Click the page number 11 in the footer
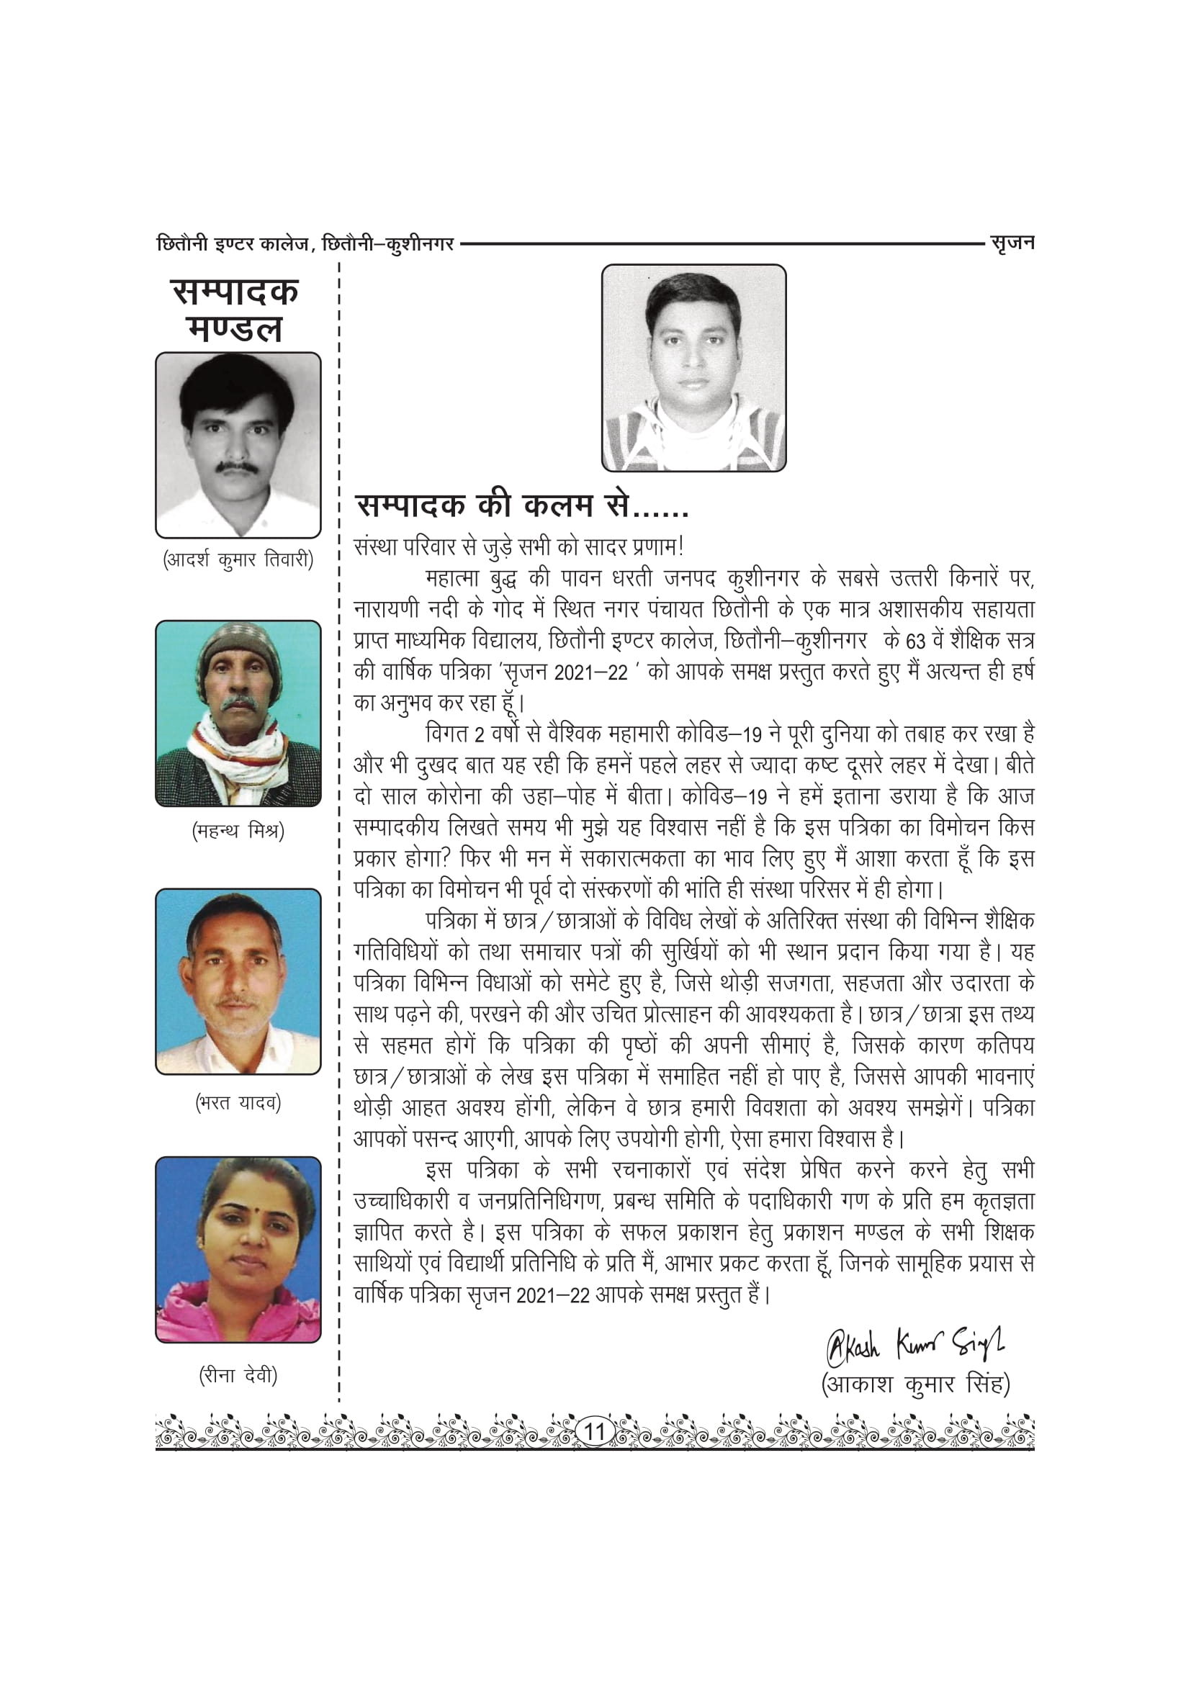595,1431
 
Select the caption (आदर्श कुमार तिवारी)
238,560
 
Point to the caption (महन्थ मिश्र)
238,831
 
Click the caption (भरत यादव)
238,1102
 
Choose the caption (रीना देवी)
238,1374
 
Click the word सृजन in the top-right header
1012,243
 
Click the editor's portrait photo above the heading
693,367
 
